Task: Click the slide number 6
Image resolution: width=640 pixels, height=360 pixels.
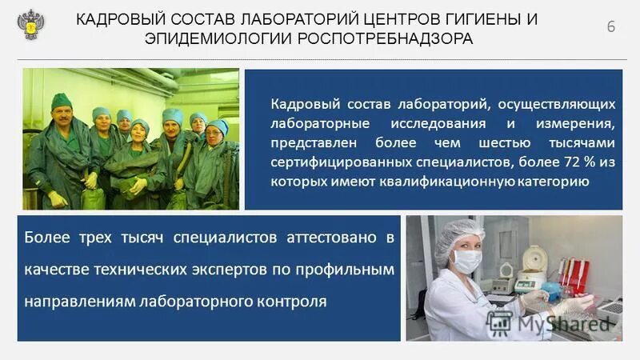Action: (x=612, y=26)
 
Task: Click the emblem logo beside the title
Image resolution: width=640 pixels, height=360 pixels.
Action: (x=31, y=26)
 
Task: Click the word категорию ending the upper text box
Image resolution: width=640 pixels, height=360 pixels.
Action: (x=555, y=182)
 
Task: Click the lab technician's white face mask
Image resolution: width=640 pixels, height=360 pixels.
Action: (x=467, y=260)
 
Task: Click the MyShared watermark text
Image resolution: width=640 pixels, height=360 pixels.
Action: (x=564, y=323)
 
